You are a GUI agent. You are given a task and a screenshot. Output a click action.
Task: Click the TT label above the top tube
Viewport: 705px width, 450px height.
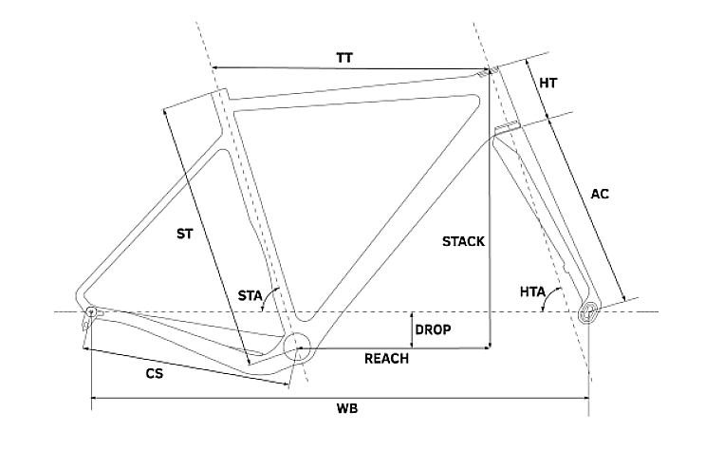click(344, 57)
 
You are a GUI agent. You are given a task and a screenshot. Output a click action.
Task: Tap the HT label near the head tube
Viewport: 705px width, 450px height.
click(547, 83)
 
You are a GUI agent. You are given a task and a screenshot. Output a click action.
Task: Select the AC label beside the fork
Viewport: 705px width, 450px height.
click(599, 194)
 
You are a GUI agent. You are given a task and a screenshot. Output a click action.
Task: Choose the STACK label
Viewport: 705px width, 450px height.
click(463, 241)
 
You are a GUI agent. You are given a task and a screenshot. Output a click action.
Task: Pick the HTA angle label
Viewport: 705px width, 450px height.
click(531, 294)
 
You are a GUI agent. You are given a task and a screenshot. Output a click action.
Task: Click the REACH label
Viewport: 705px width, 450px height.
click(387, 359)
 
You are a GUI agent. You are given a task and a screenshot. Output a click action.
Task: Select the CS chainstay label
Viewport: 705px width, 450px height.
click(154, 374)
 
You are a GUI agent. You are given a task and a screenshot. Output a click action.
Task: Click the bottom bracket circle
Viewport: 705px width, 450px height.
click(296, 347)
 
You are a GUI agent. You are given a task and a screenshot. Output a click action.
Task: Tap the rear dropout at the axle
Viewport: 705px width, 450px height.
click(91, 312)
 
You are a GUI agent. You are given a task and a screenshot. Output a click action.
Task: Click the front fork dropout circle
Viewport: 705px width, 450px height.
click(590, 311)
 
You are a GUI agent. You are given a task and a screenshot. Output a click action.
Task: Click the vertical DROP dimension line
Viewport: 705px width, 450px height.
click(410, 329)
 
